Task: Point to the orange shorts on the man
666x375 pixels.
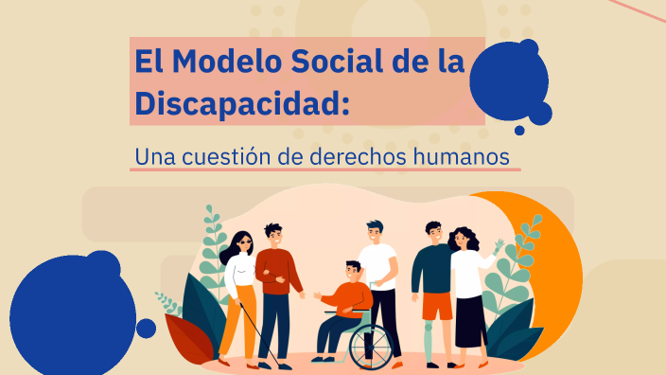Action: (437, 306)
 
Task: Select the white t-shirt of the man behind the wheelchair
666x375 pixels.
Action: (378, 265)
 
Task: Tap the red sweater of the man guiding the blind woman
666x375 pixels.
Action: (275, 272)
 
